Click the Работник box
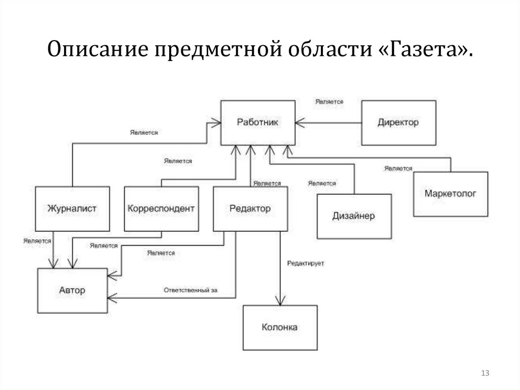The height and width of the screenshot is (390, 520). [257, 123]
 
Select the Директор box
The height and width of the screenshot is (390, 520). [398, 123]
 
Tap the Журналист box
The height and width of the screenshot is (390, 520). [72, 208]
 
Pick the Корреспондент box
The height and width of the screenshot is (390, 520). [161, 208]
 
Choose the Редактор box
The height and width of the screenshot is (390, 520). [250, 208]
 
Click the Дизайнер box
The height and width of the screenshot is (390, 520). [354, 216]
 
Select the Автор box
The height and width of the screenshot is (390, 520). [72, 291]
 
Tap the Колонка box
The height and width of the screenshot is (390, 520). [280, 327]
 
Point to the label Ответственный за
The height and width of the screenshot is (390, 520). [190, 290]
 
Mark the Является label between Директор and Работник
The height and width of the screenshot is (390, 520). [329, 102]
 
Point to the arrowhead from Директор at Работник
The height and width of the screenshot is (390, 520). [299, 123]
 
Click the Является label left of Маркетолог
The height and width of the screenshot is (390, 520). [398, 168]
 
